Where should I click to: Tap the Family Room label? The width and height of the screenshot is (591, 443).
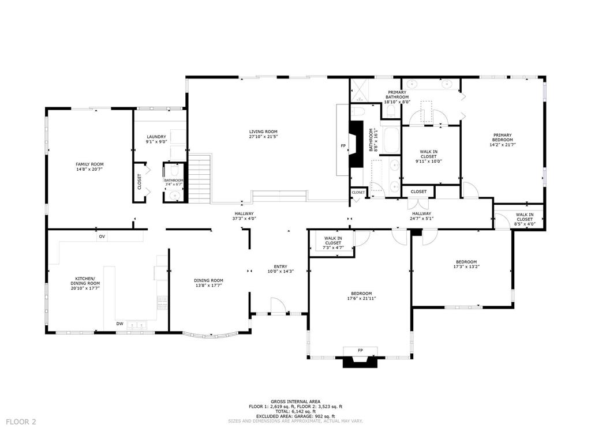(x=89, y=164)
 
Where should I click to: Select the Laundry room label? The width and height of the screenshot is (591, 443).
(x=156, y=137)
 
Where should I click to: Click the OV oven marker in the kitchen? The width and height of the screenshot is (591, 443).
(x=102, y=236)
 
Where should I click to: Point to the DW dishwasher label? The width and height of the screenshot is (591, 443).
(x=119, y=324)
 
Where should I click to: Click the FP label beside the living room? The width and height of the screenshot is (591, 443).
(x=343, y=145)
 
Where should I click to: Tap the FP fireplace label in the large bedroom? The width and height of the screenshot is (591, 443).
(x=360, y=350)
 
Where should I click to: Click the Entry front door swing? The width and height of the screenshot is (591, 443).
(x=278, y=306)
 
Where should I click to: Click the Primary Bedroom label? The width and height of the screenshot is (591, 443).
(x=502, y=138)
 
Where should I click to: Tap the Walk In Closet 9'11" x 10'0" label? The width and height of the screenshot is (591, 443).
(x=428, y=156)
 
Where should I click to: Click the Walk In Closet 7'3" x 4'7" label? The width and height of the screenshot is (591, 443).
(x=333, y=243)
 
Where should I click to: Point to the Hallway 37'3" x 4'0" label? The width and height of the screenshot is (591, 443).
(x=244, y=216)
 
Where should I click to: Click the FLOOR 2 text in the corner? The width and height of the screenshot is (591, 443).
(x=21, y=422)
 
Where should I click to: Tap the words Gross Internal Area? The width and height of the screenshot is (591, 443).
(x=295, y=401)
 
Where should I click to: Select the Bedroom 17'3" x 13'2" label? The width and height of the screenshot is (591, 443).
(x=466, y=265)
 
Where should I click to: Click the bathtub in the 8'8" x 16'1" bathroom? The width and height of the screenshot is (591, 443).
(x=391, y=141)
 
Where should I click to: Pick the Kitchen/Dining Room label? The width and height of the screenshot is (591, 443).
(x=85, y=281)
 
